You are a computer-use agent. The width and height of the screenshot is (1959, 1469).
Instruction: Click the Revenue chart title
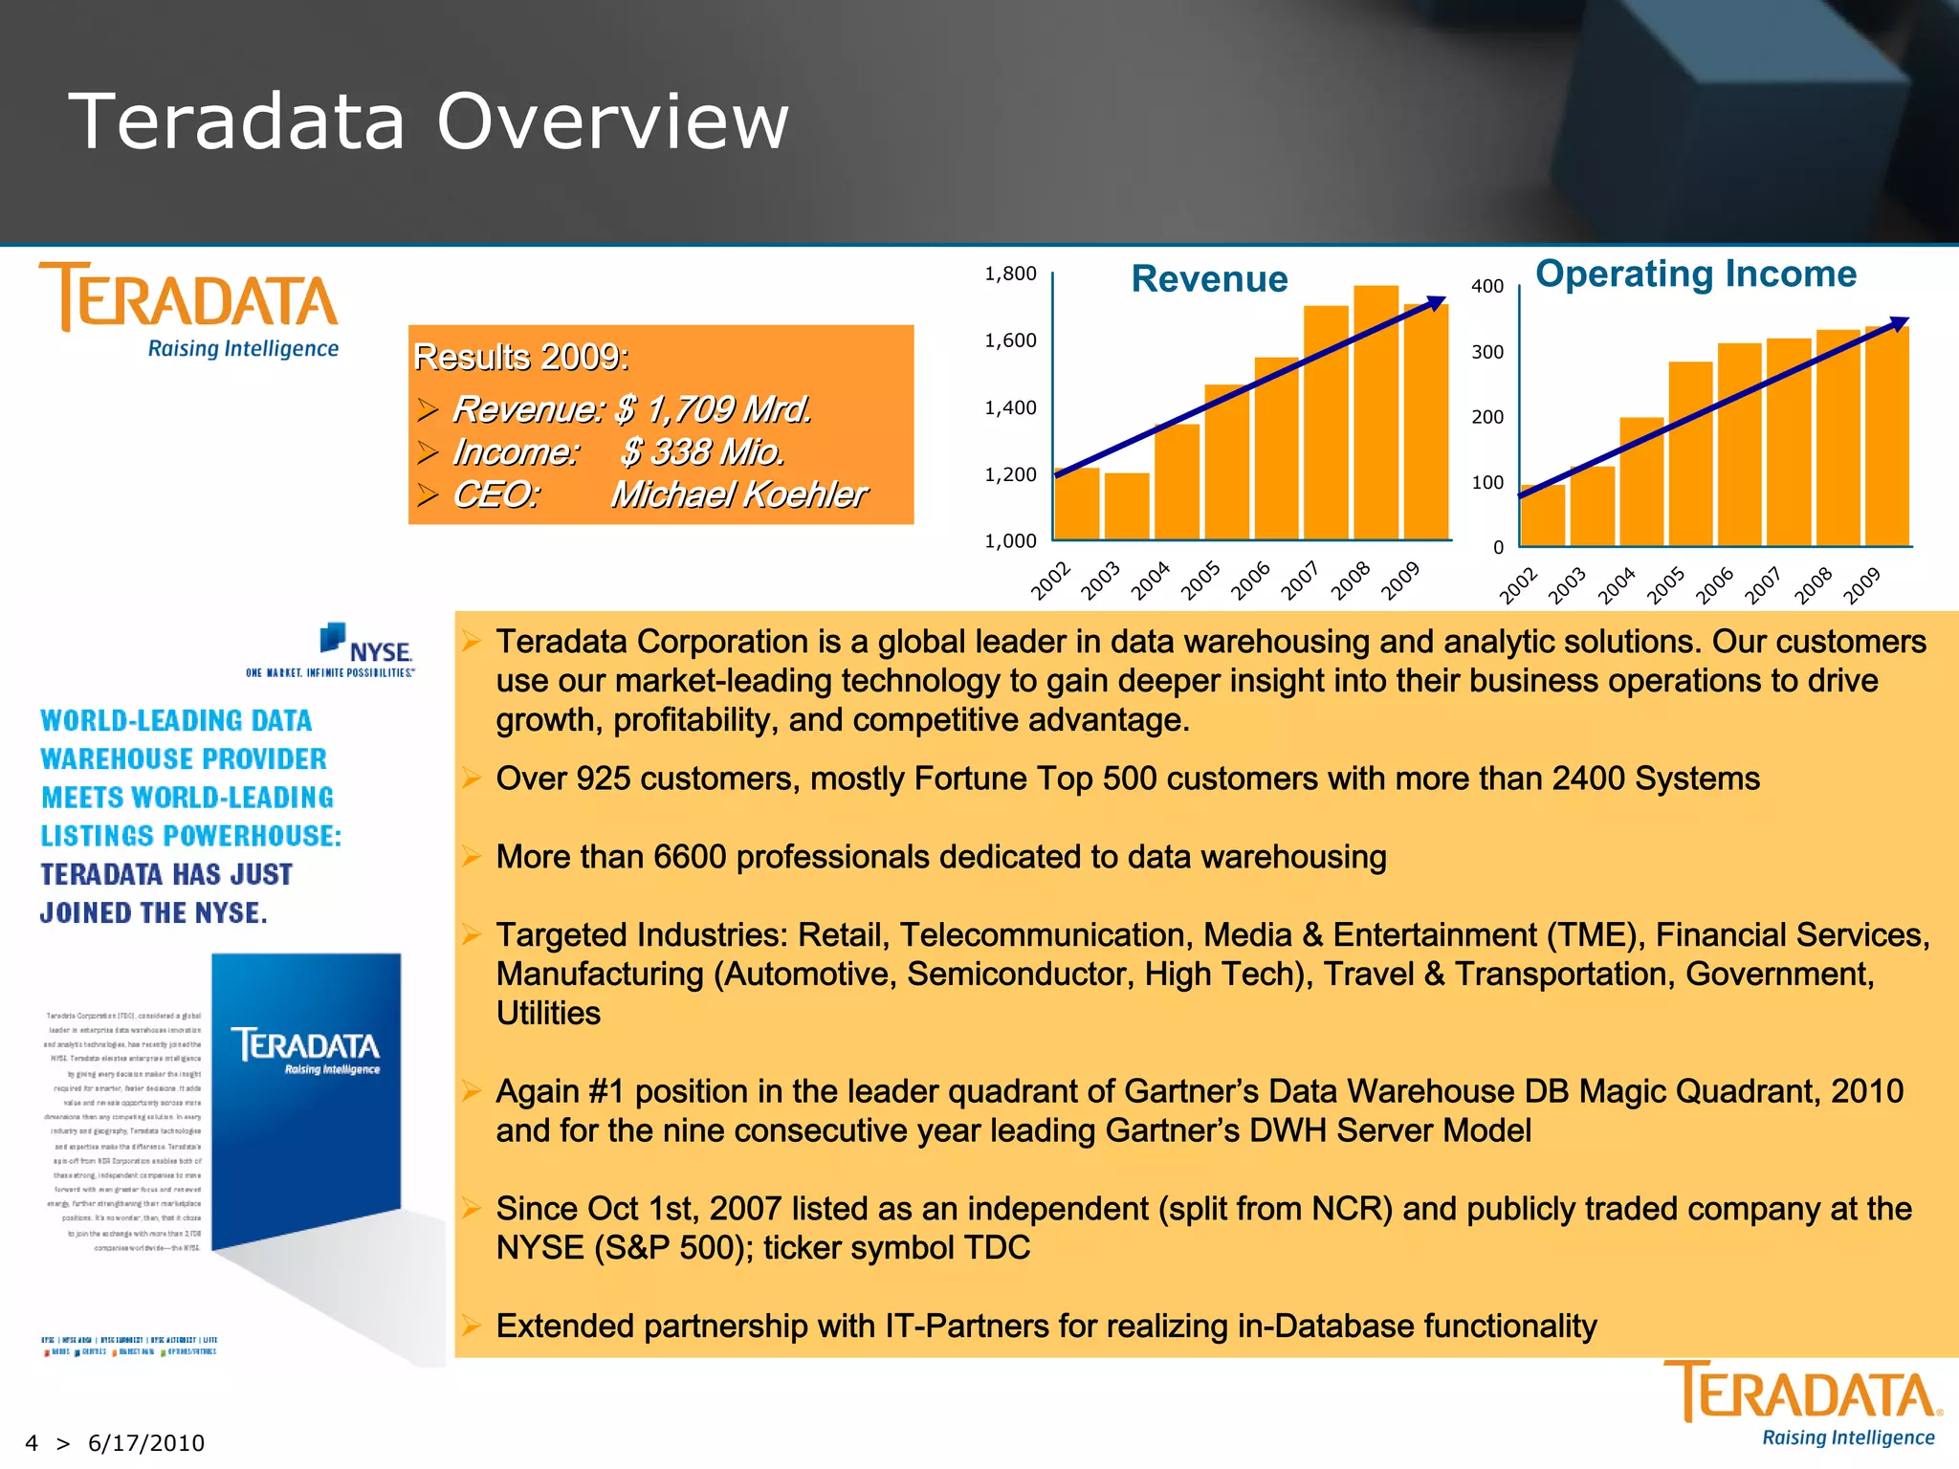(x=1209, y=279)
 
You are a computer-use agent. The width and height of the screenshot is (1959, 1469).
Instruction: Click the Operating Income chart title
(x=1695, y=274)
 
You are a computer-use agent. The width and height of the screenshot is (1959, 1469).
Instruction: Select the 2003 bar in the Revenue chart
(x=1126, y=507)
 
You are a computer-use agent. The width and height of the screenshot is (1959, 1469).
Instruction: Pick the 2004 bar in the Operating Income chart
(x=1641, y=482)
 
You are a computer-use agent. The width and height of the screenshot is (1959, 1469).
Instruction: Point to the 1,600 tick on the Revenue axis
(x=1010, y=340)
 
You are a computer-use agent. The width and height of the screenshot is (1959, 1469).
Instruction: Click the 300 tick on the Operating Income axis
(x=1486, y=352)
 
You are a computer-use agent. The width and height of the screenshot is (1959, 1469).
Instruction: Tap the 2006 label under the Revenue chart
(x=1250, y=581)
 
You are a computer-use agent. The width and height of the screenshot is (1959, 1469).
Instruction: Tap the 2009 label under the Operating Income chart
(x=1861, y=585)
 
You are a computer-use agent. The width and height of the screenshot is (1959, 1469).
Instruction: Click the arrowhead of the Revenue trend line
(x=1437, y=303)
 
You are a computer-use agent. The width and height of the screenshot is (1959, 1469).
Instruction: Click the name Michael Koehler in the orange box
(x=737, y=494)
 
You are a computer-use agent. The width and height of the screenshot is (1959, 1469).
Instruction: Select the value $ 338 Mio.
(x=702, y=451)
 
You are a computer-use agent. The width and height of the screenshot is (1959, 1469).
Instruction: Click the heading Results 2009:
(x=521, y=357)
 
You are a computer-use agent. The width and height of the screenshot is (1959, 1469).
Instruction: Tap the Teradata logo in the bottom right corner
(x=1803, y=1402)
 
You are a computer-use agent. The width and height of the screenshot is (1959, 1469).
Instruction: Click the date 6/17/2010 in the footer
(x=146, y=1442)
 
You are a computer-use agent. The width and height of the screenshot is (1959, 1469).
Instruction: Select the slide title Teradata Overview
(x=429, y=121)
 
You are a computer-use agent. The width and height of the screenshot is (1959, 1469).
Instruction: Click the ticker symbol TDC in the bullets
(x=997, y=1248)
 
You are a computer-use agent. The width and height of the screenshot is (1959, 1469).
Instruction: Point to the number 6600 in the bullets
(x=690, y=857)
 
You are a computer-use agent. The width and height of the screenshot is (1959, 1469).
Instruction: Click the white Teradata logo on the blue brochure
(x=306, y=1049)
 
